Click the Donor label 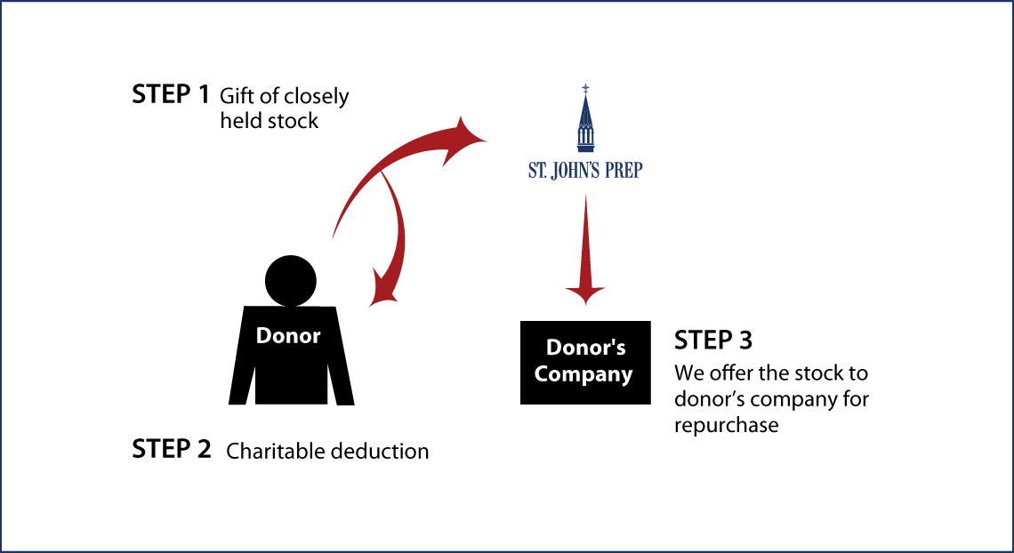[287, 336]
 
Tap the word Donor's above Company [585, 348]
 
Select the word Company [583, 374]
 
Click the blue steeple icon [585, 120]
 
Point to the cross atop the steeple [585, 88]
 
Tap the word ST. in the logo [537, 171]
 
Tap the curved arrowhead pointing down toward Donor [383, 292]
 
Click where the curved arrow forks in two [382, 173]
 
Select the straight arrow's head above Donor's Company [584, 293]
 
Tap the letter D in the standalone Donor [263, 336]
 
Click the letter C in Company [541, 374]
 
